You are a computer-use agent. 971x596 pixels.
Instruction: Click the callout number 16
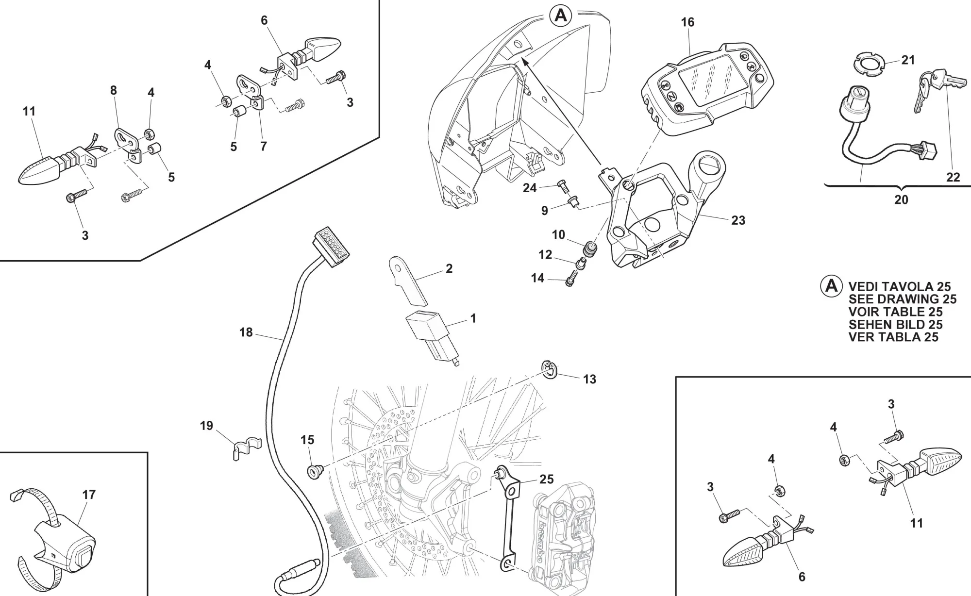click(687, 22)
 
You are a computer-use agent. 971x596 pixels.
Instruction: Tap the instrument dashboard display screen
click(712, 81)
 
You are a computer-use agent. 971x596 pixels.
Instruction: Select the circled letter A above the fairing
click(561, 16)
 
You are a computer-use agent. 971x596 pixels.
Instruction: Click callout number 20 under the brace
click(901, 199)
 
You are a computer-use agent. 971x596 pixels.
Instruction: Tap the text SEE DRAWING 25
click(902, 299)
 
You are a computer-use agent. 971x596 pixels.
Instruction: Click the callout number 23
click(738, 220)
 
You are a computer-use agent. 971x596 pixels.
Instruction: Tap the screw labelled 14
click(570, 281)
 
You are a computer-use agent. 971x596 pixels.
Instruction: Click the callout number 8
click(113, 90)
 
